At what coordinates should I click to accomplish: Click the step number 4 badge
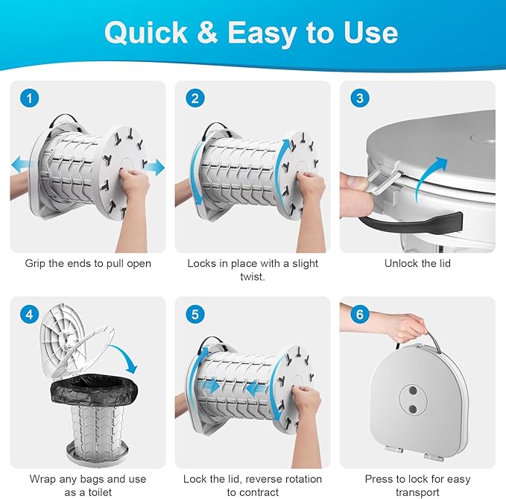point(28,315)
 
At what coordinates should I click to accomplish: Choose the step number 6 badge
point(358,315)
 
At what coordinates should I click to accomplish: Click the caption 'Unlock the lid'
point(417,263)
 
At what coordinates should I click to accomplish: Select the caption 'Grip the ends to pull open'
point(88,263)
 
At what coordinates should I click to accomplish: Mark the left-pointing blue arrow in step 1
point(21,164)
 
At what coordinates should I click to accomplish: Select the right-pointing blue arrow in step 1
point(154,168)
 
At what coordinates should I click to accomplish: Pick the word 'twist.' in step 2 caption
point(253,277)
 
